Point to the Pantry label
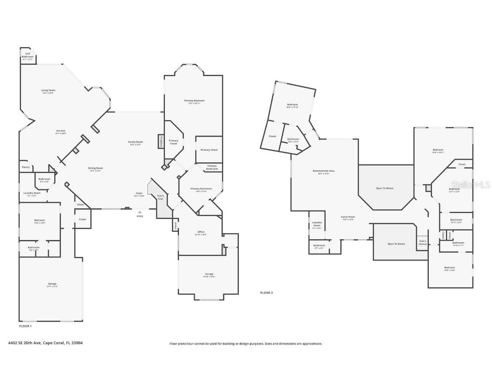[26, 167]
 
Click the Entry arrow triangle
[140, 212]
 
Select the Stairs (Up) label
[161, 197]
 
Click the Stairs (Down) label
[422, 242]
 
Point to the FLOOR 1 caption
[26, 326]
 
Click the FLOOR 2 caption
[266, 293]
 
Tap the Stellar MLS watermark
[471, 185]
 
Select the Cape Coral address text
[45, 343]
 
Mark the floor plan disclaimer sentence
[246, 343]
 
